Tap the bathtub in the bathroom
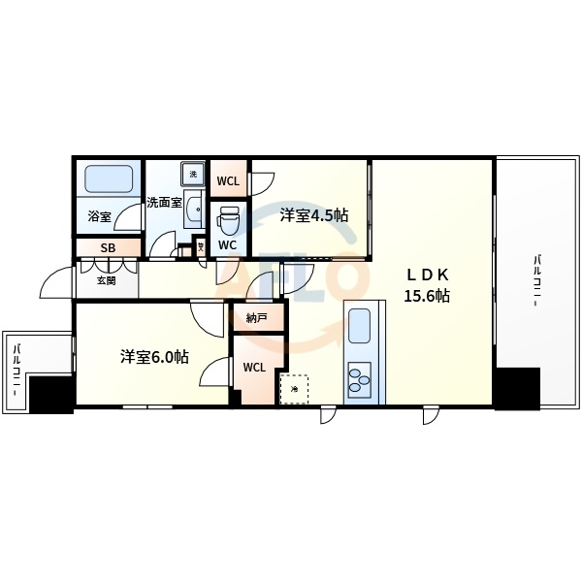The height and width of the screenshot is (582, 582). click(x=107, y=179)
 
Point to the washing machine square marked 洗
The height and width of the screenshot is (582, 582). click(x=192, y=174)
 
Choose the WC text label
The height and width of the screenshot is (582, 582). click(x=228, y=244)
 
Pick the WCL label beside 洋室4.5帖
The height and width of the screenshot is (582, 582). click(x=229, y=180)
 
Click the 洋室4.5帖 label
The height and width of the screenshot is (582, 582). click(x=314, y=214)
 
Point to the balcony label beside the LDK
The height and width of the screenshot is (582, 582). click(x=535, y=282)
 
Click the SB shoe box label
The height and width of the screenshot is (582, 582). click(x=108, y=248)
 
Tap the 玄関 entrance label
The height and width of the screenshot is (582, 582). click(x=106, y=281)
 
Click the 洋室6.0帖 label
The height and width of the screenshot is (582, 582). click(x=155, y=356)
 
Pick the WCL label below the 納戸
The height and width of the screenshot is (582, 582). click(x=254, y=367)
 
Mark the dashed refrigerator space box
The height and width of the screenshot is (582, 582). click(x=294, y=389)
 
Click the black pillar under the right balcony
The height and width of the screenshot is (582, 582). click(x=516, y=387)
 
